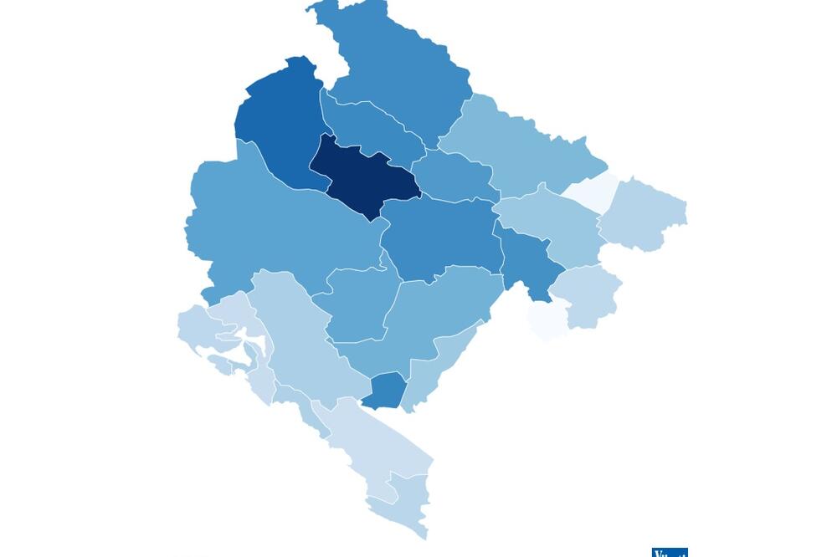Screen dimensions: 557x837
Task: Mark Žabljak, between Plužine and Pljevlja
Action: click(368, 125)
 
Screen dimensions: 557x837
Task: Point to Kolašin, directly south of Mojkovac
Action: click(439, 238)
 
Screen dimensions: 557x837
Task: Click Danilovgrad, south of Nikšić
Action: click(360, 301)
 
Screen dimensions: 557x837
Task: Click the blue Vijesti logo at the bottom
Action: click(670, 552)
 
